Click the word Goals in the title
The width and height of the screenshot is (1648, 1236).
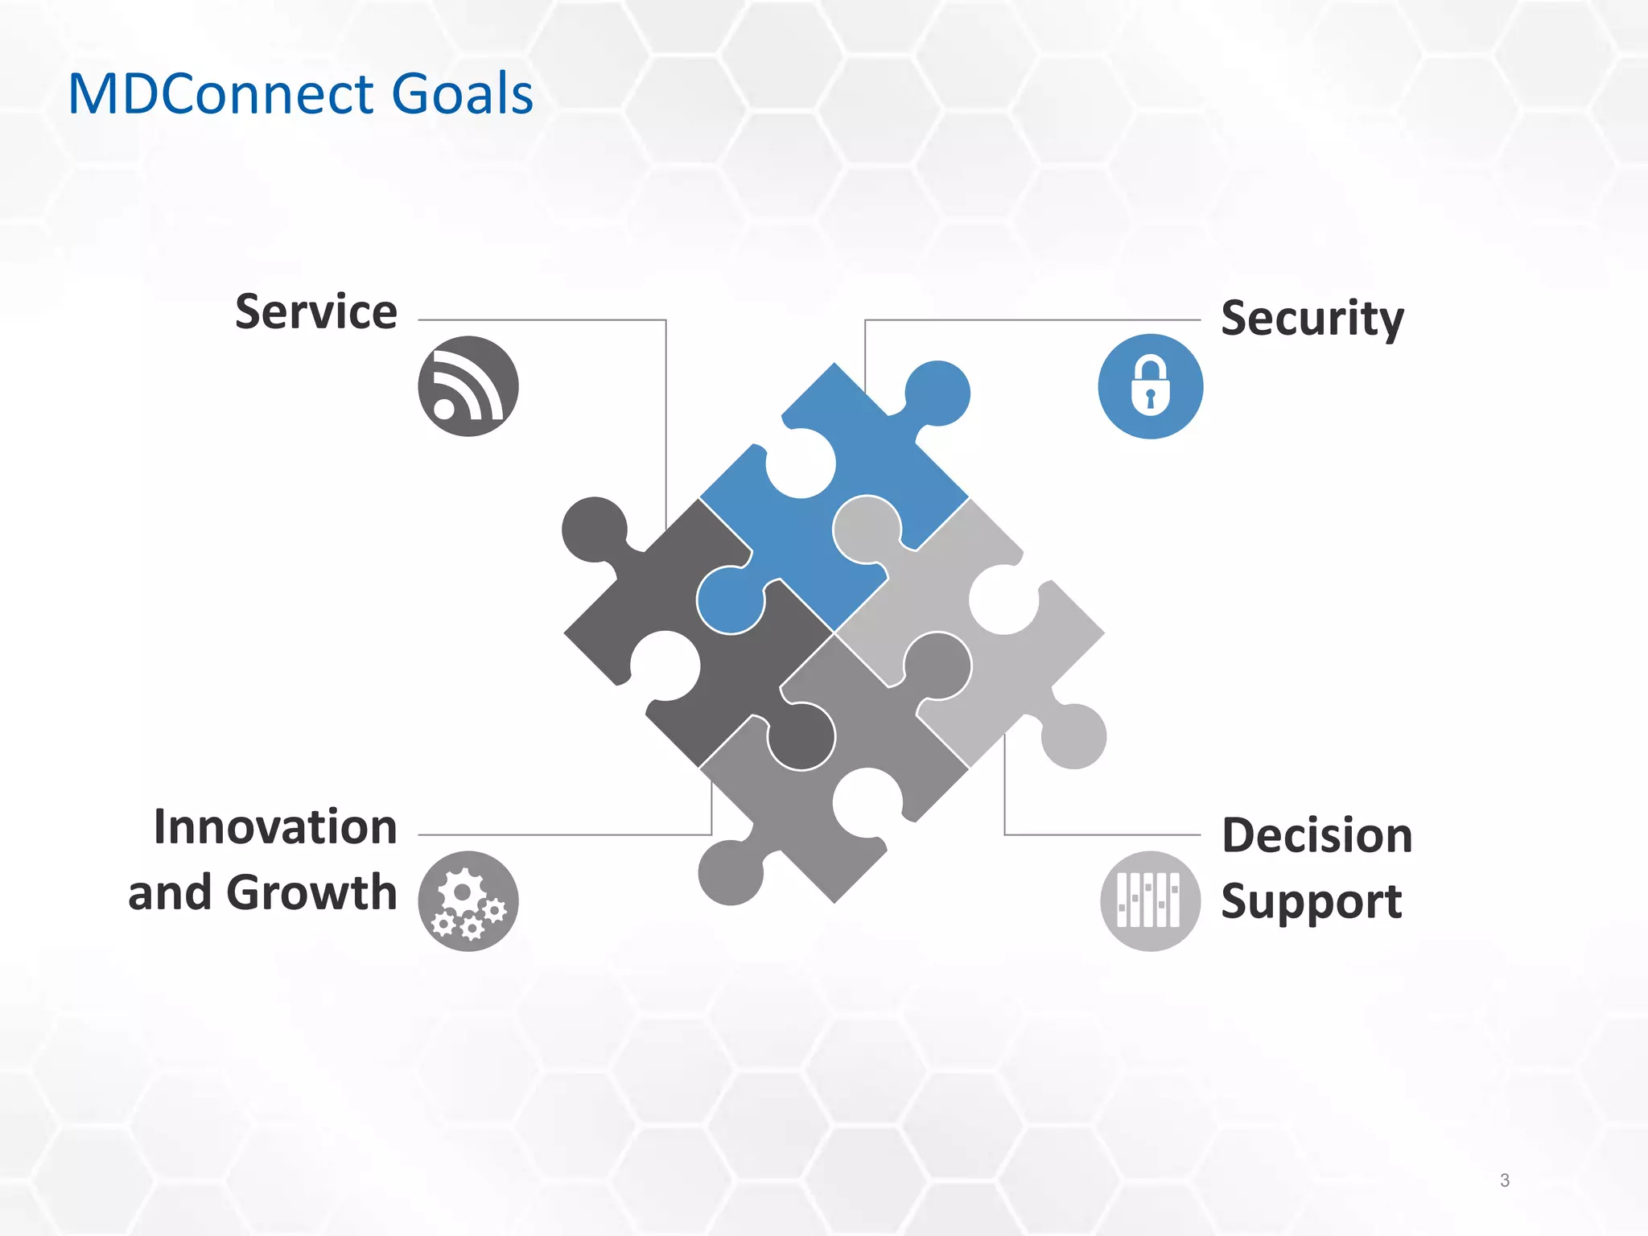pos(462,93)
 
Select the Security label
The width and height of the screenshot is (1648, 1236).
pos(1312,319)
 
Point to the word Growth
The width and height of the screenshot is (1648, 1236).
pos(311,892)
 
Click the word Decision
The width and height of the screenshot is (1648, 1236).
pos(1316,835)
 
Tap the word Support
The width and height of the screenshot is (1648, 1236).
pos(1312,901)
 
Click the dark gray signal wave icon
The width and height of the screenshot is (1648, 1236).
pos(468,386)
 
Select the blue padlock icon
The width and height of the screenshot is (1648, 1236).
pos(1150,386)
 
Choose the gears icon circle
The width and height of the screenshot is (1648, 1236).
pos(468,901)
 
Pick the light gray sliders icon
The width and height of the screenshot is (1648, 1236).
pos(1150,901)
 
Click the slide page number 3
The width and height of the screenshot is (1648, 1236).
pos(1504,1180)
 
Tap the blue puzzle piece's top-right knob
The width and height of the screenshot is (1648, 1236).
pos(937,393)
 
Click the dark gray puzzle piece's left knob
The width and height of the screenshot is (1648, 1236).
pos(594,529)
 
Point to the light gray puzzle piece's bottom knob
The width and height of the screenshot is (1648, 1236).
pos(1073,735)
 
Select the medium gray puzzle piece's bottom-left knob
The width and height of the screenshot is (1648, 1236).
pos(731,872)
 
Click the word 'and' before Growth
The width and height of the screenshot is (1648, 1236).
pos(170,892)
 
